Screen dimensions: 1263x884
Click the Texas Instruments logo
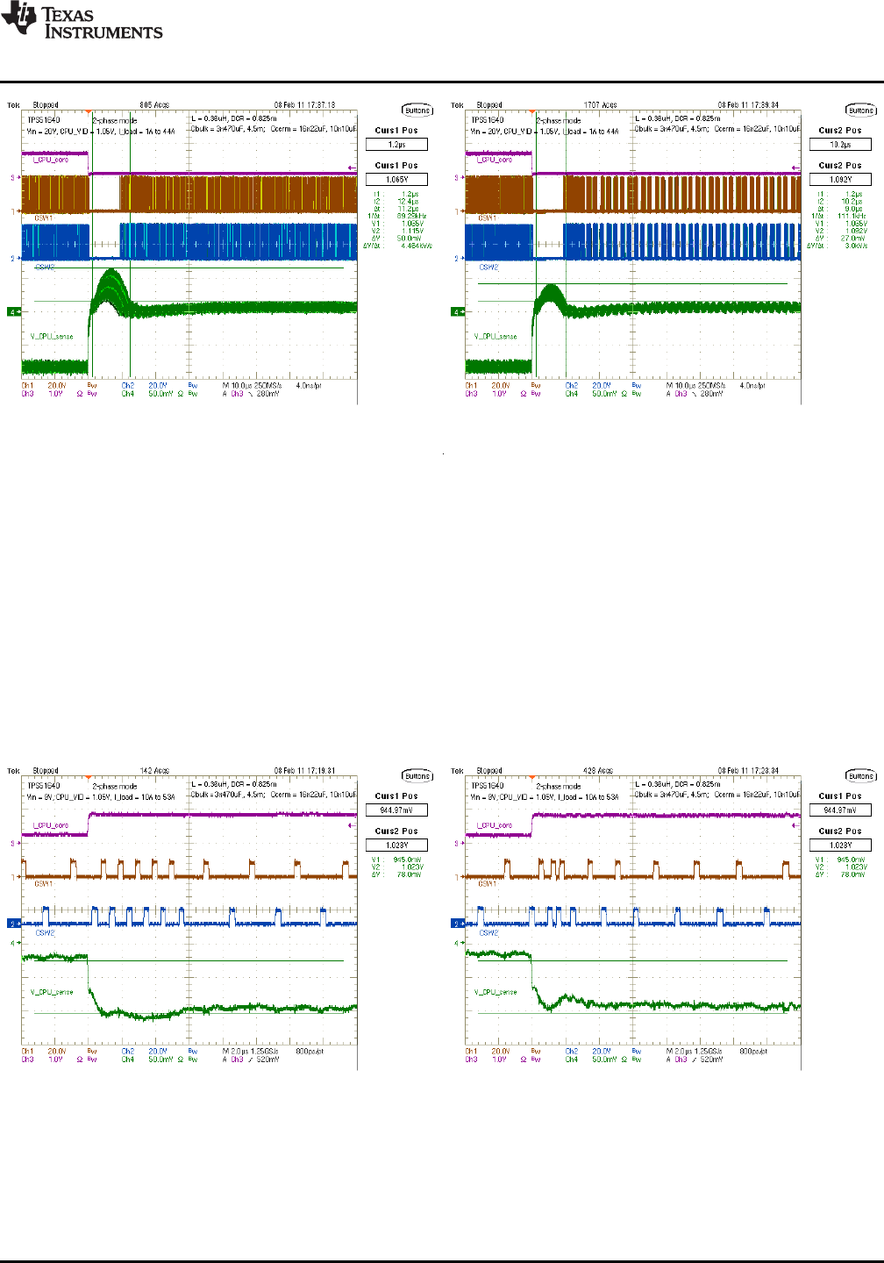[82, 22]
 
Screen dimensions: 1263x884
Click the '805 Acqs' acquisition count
[154, 105]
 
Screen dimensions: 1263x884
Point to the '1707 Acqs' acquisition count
[600, 105]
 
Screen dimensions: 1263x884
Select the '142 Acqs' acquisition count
[154, 771]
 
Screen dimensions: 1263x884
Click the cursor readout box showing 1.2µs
[396, 145]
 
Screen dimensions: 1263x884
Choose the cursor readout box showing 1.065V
[396, 180]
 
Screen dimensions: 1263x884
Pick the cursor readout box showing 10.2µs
[840, 145]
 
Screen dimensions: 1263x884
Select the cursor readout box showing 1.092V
[840, 180]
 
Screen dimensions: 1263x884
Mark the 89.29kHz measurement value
[410, 216]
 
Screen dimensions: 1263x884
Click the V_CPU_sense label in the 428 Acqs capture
[495, 992]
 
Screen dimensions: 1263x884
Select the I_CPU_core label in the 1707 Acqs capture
[495, 160]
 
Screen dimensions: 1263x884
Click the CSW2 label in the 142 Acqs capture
[45, 933]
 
